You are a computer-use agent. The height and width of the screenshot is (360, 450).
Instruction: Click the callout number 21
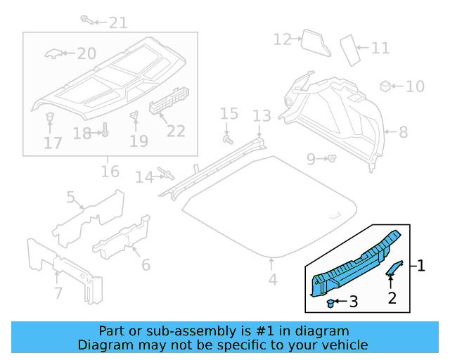click(x=117, y=22)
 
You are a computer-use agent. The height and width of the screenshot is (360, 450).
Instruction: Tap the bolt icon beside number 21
click(x=86, y=19)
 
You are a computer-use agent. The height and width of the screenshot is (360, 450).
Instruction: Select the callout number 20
click(x=86, y=53)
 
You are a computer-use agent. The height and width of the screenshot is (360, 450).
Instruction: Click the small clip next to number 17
click(x=50, y=116)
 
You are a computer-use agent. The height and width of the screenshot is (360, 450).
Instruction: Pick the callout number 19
click(x=139, y=141)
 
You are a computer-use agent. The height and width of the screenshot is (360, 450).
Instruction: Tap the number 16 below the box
click(x=110, y=172)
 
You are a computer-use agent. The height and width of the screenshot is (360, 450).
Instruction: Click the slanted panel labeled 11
click(x=349, y=49)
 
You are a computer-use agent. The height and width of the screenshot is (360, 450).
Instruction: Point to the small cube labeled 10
click(x=385, y=86)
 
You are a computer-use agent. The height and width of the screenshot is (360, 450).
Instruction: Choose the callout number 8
click(x=403, y=132)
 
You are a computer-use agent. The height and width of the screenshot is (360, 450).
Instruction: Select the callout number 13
click(x=262, y=115)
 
